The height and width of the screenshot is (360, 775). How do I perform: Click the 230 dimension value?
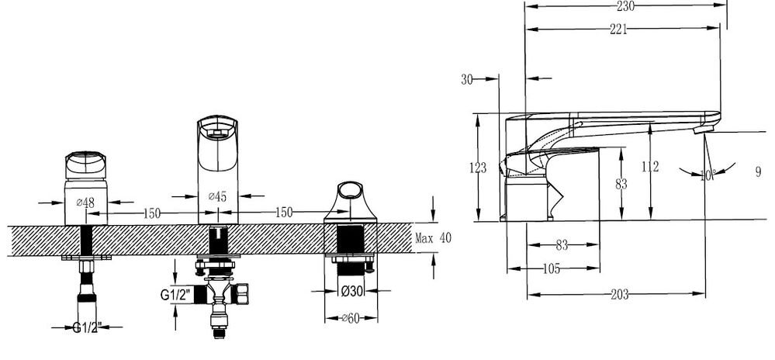click(x=626, y=6)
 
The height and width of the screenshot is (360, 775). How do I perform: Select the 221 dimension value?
click(x=618, y=29)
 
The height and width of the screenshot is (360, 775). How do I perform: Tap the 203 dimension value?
click(x=619, y=295)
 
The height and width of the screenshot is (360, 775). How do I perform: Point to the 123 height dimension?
click(x=477, y=168)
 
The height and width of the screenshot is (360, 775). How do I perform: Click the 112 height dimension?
click(x=650, y=167)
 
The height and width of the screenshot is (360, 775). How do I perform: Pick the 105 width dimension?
click(x=552, y=269)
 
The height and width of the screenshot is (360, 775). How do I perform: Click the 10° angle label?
click(x=708, y=175)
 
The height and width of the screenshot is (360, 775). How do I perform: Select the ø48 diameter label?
click(x=85, y=202)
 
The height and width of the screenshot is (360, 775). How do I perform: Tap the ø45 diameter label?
click(x=217, y=196)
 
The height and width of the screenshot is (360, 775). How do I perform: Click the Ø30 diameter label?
click(x=351, y=292)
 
